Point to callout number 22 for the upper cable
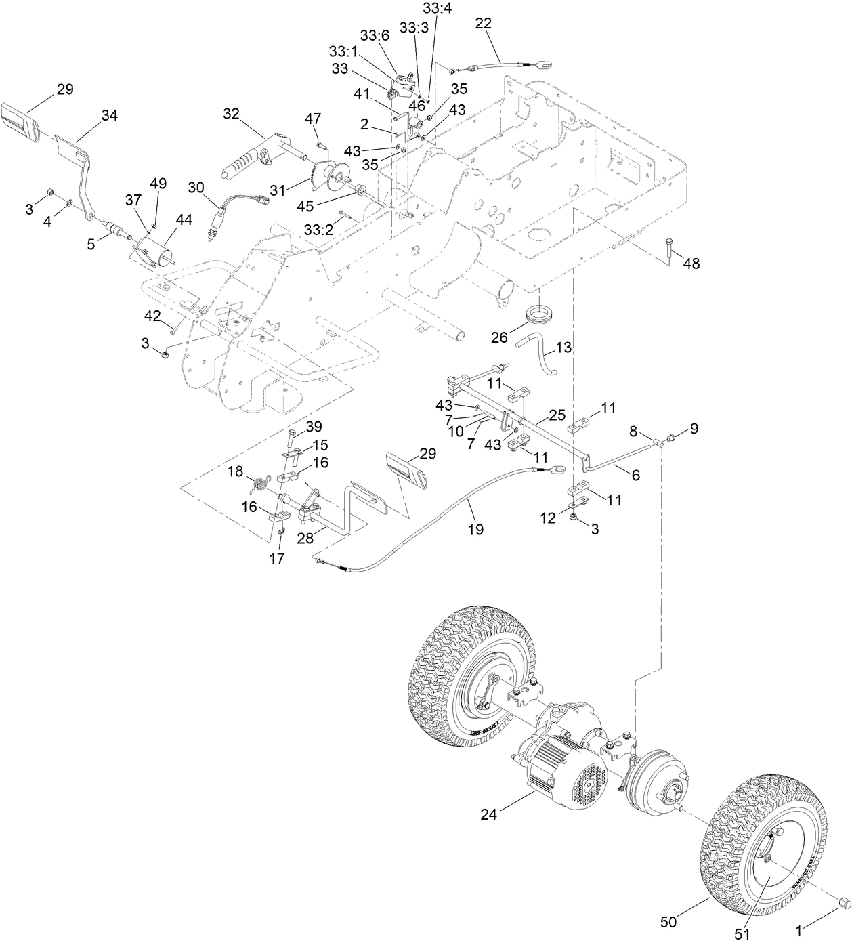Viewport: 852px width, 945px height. coord(484,23)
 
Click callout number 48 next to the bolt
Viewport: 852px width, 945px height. coord(691,264)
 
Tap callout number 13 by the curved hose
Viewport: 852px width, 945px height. coord(563,348)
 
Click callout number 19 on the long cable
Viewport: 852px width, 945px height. coord(475,529)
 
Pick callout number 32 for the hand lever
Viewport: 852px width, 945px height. coord(232,114)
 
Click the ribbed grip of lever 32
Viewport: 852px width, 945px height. coord(241,169)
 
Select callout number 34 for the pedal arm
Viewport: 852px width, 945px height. coord(109,116)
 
